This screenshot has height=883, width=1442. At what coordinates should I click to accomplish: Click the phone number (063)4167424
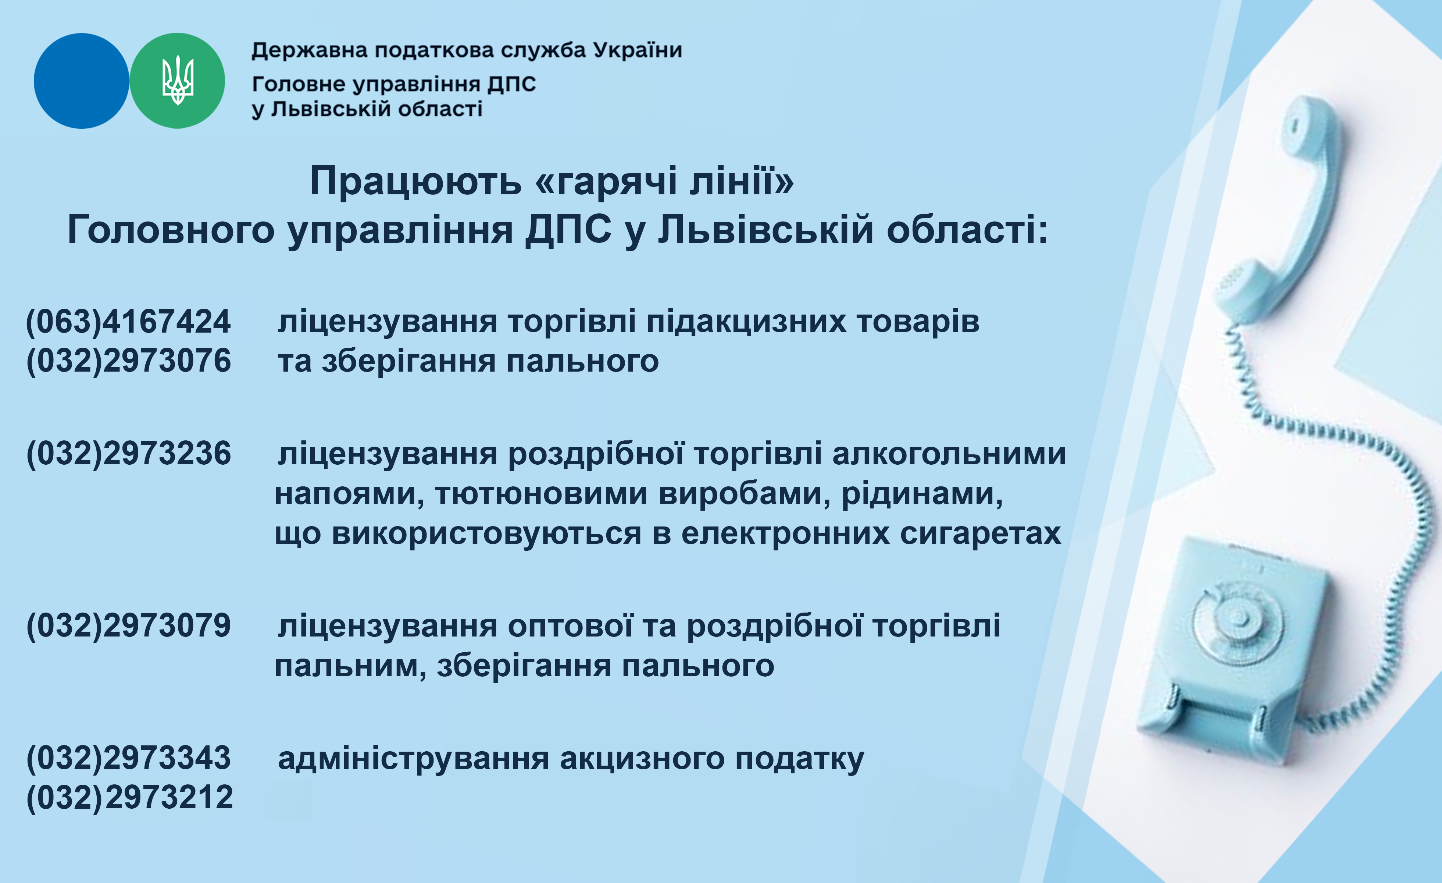[128, 322]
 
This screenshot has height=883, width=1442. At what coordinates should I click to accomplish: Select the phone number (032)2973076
[128, 361]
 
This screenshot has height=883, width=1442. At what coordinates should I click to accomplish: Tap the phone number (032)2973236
[128, 454]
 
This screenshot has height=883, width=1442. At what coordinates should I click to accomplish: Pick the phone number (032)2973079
[128, 626]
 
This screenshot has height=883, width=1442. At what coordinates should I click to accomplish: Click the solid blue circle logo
[81, 81]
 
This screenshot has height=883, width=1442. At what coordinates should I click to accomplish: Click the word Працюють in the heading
[415, 181]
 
